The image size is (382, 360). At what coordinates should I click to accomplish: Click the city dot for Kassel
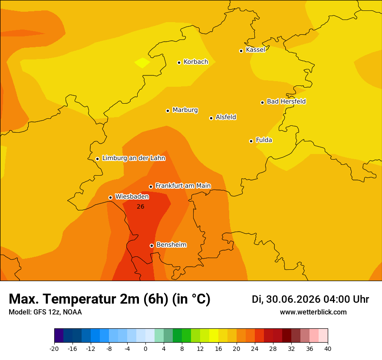(x=241, y=51)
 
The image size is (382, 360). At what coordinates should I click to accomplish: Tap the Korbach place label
(x=196, y=62)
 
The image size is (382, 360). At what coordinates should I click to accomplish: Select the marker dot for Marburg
(x=168, y=111)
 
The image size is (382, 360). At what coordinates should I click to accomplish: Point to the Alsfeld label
(x=226, y=117)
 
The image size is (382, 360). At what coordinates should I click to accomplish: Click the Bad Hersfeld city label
(x=286, y=101)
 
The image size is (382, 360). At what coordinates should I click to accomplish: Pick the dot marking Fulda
(x=251, y=141)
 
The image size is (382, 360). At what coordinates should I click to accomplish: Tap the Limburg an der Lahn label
(x=134, y=158)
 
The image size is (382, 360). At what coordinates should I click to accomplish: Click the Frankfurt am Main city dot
(x=151, y=187)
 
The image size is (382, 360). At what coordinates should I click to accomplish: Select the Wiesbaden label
(x=132, y=196)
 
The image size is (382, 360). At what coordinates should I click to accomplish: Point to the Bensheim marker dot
(x=151, y=245)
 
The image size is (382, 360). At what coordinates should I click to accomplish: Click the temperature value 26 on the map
(x=141, y=206)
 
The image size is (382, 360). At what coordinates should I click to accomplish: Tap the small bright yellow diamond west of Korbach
(x=142, y=63)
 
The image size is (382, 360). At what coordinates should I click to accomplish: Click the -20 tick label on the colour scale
(x=54, y=349)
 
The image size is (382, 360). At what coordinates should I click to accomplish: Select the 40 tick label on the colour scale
(x=328, y=349)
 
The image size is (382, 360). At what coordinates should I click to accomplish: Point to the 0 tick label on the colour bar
(x=145, y=349)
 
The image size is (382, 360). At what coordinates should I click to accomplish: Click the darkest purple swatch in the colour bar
(x=59, y=335)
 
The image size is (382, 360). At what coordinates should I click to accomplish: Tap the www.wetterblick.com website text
(x=313, y=312)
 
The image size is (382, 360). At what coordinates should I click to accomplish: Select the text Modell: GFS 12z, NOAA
(x=45, y=312)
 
